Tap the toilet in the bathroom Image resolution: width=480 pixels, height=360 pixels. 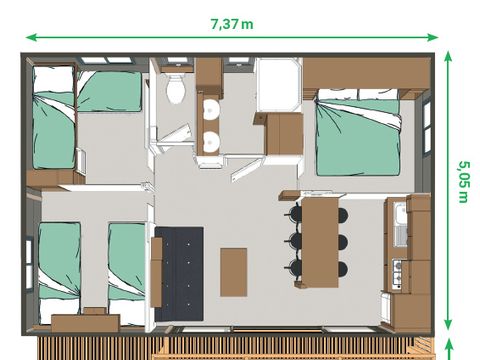coord(177,89)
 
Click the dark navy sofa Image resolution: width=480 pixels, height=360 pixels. coord(179,273)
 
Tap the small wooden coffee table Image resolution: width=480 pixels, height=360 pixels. coord(233,271)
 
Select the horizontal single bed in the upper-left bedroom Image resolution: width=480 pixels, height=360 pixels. coord(110,92)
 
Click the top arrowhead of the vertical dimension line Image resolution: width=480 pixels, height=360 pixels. coord(447,57)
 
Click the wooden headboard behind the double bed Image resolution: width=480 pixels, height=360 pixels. coord(365,72)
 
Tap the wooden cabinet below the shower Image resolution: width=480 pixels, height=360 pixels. coord(283,132)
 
